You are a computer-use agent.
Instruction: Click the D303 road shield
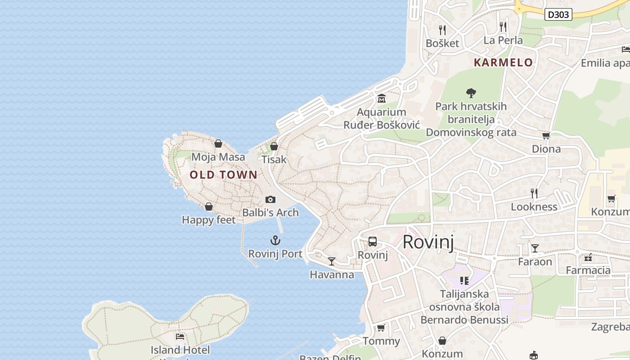pos(558,14)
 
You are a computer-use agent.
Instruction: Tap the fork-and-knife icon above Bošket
pos(442,30)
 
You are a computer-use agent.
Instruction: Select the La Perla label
pos(503,40)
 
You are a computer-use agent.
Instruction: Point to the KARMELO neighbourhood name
pos(503,63)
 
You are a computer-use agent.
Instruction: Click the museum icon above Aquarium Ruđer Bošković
pos(382,99)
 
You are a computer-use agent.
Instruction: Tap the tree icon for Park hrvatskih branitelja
pos(471,93)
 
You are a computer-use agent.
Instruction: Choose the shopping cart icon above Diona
pos(546,135)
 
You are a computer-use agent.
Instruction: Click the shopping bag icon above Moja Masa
pos(218,144)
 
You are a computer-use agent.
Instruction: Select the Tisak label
pos(274,159)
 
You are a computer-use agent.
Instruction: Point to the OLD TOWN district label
pos(224,175)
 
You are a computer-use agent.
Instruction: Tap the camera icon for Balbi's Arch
pos(270,199)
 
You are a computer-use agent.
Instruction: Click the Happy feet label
pos(208,220)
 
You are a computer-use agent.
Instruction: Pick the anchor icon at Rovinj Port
pos(275,240)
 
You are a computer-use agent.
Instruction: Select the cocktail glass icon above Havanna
pos(332,261)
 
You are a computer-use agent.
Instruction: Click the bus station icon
pos(373,241)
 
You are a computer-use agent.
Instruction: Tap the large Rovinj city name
pos(428,242)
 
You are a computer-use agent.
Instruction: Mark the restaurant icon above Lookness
pos(534,193)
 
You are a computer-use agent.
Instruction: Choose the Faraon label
pos(535,261)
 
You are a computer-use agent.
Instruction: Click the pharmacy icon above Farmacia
pos(588,257)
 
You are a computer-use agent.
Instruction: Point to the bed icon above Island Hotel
pos(180,336)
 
